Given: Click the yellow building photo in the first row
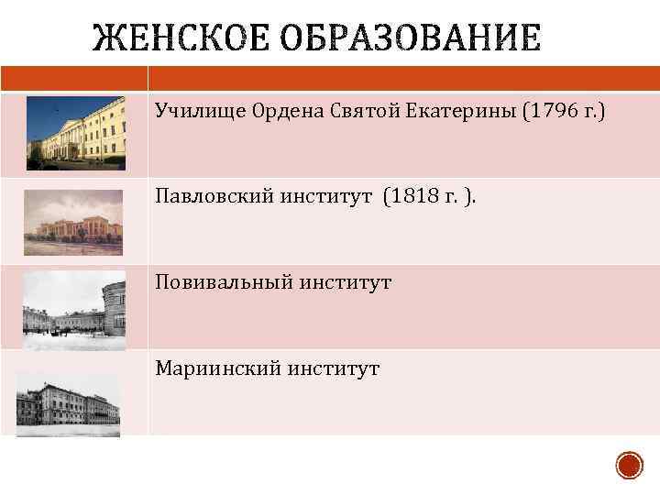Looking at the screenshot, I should tap(76, 134).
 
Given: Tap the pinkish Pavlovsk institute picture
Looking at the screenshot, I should tap(72, 222).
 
